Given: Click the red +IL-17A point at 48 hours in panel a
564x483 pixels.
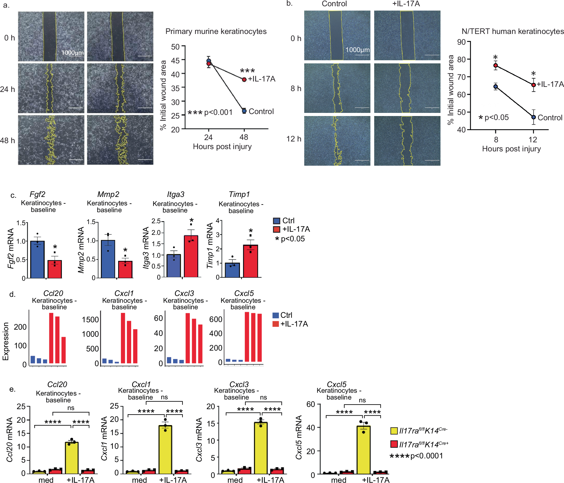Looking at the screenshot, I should coord(244,80).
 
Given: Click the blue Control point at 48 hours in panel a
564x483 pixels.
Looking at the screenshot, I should coord(244,111).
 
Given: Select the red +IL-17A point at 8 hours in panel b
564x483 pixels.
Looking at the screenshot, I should coord(495,65).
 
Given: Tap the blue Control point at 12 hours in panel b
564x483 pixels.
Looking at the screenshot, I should coord(533,117).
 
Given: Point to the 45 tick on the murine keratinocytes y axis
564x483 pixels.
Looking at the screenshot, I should coord(175,60).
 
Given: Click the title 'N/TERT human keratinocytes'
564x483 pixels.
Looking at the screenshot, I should coord(512,31).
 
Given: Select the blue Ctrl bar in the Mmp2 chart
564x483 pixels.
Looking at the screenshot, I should coord(108,259).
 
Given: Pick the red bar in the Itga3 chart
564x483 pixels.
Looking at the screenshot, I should coord(191,256).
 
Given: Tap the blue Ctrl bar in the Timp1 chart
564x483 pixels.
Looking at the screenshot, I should coord(232,270).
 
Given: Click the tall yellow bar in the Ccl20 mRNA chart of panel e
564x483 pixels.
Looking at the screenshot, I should coord(72,458).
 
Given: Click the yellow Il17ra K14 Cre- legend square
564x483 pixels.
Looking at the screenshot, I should coord(394,431).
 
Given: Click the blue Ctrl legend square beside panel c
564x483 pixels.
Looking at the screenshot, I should coord(276,221).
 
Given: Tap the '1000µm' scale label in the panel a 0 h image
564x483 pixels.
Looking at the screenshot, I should coord(73,53).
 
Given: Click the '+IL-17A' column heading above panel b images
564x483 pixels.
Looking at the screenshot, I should coord(406,4).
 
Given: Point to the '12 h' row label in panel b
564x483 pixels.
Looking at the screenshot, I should coord(294,139).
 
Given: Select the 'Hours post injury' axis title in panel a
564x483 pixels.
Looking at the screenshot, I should coord(222,147).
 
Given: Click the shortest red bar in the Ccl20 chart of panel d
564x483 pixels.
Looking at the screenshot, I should coord(64,350).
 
